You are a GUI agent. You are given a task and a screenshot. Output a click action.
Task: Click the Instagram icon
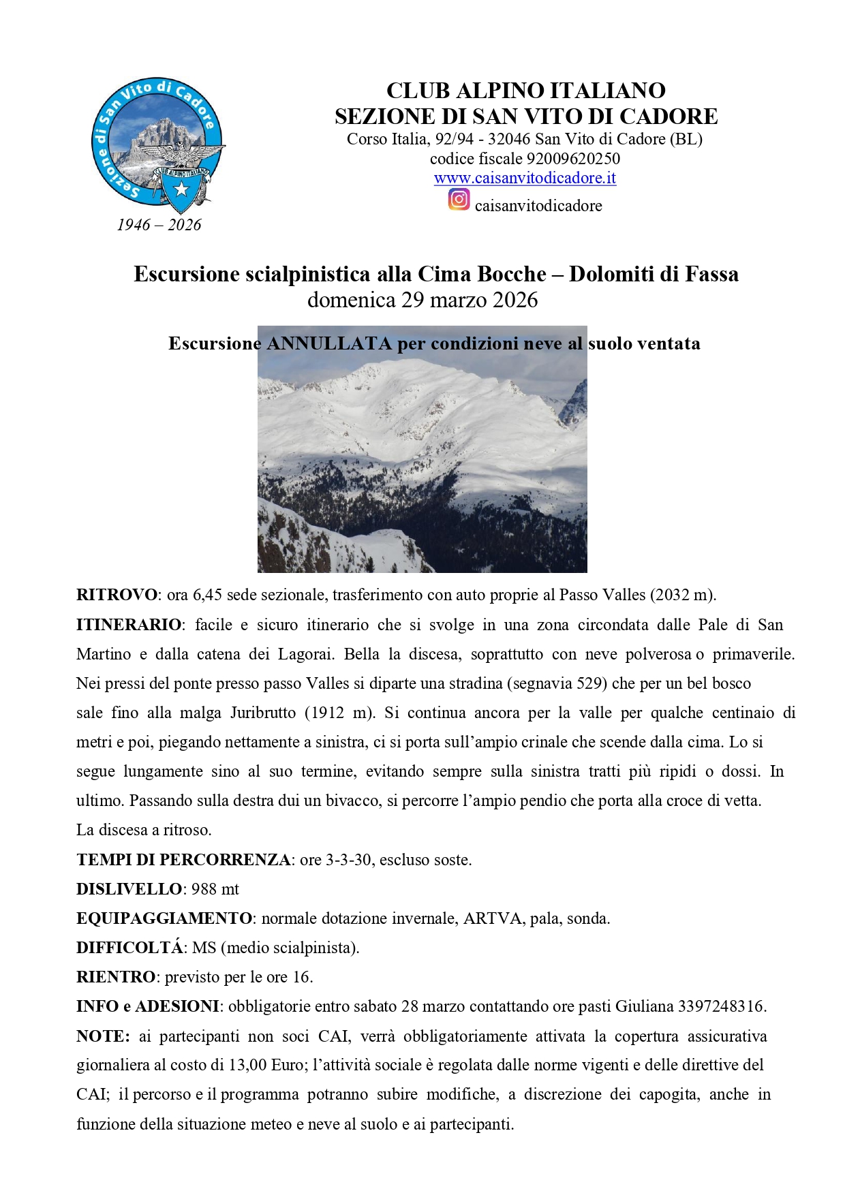click(459, 200)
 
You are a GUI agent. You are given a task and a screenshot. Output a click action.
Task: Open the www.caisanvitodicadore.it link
click(525, 179)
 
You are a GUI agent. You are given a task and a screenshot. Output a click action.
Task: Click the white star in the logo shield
click(181, 189)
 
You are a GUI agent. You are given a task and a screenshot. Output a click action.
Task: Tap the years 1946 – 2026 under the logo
click(159, 225)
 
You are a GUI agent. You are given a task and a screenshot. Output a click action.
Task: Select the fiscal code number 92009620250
click(573, 159)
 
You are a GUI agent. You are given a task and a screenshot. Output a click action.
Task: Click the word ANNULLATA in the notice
click(328, 343)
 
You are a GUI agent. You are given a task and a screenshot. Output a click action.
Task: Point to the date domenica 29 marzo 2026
click(422, 300)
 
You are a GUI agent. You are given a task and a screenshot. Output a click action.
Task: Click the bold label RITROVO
click(117, 595)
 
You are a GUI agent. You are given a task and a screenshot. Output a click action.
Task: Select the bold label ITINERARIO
click(129, 625)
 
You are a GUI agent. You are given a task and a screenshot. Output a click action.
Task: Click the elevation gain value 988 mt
click(215, 889)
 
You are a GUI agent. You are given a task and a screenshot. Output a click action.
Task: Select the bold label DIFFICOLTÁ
click(129, 948)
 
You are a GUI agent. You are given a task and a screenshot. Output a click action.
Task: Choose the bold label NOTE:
click(103, 1036)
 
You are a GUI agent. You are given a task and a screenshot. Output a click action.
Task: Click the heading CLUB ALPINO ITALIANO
click(525, 91)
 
